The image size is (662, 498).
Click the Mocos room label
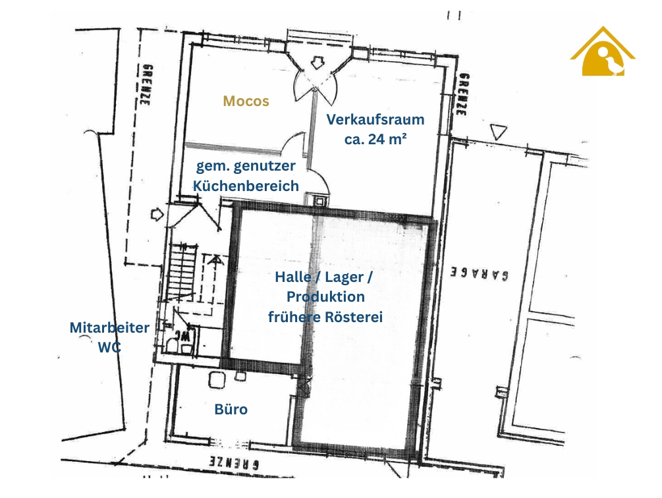tap(246, 101)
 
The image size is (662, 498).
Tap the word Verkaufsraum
tap(375, 119)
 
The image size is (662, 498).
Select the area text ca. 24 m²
tap(375, 139)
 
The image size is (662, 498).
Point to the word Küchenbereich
tap(246, 186)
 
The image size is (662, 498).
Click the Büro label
tap(231, 409)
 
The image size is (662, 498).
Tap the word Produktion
tap(325, 296)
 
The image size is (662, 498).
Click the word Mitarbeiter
tap(109, 327)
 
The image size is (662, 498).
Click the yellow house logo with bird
tap(603, 52)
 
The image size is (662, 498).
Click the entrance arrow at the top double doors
tap(316, 63)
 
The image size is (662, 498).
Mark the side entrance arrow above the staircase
tap(157, 214)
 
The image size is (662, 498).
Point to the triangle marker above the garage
tap(498, 132)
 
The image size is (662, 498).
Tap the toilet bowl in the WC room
tap(173, 345)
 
